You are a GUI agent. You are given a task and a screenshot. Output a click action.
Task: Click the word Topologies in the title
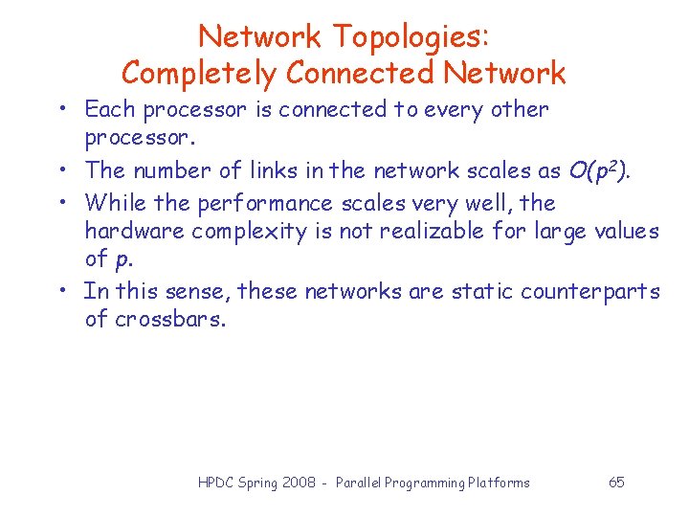pyautogui.click(x=411, y=37)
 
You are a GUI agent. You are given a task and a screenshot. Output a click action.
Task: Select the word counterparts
pyautogui.click(x=590, y=291)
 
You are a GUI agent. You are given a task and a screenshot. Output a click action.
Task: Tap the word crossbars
pyautogui.click(x=168, y=319)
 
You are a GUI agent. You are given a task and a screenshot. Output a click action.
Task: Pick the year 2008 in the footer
pyautogui.click(x=299, y=483)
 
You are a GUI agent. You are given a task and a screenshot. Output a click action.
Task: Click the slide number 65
pyautogui.click(x=616, y=482)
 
